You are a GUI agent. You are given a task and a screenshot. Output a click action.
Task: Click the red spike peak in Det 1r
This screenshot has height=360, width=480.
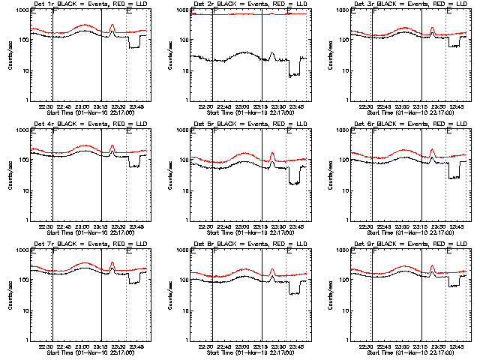coord(112,25)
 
